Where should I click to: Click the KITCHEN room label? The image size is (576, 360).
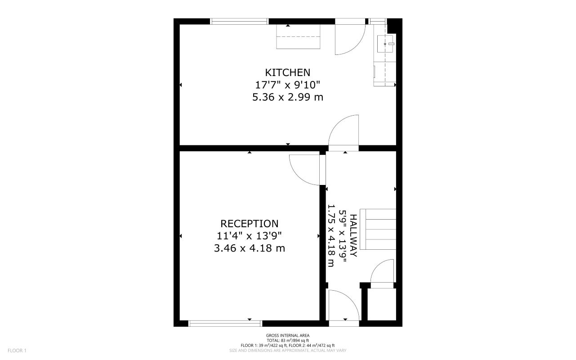click(x=288, y=72)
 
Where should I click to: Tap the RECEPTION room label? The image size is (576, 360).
click(x=250, y=224)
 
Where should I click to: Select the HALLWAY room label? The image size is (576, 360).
click(x=353, y=235)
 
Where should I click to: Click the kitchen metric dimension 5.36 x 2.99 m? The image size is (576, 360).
click(x=288, y=97)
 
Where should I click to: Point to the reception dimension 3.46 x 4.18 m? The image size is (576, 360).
click(x=250, y=248)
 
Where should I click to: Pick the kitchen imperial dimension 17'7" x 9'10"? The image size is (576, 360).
click(x=288, y=85)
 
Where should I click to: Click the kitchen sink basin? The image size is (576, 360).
click(x=386, y=44)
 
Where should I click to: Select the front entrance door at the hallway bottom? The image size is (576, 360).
click(x=344, y=306)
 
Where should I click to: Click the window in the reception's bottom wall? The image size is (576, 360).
click(x=225, y=323)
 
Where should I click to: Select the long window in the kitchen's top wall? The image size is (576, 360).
click(x=239, y=21)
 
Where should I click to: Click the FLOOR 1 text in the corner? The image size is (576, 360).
click(x=18, y=351)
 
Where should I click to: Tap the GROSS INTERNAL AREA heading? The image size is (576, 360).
click(x=288, y=335)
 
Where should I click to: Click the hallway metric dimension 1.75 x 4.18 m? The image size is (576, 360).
click(x=331, y=235)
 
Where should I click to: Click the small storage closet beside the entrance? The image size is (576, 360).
click(x=382, y=305)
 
